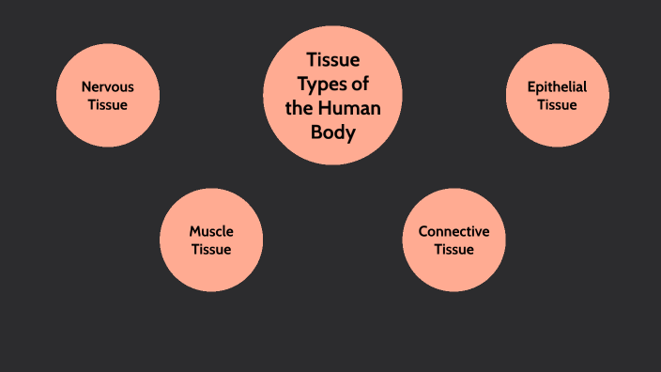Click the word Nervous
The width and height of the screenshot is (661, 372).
point(108,86)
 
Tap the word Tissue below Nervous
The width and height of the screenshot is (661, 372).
point(108,104)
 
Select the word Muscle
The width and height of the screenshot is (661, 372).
point(211,231)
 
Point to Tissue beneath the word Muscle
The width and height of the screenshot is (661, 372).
point(211,249)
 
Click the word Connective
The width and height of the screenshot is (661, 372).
point(453,231)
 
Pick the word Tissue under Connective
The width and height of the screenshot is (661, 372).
point(453,249)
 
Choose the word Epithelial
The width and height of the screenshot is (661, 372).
point(557,86)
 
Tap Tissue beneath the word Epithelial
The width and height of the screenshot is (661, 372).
point(557,104)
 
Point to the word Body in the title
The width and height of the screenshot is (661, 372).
point(333,132)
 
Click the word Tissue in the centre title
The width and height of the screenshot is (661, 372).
point(333,60)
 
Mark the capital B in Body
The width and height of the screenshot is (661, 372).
point(317,132)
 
